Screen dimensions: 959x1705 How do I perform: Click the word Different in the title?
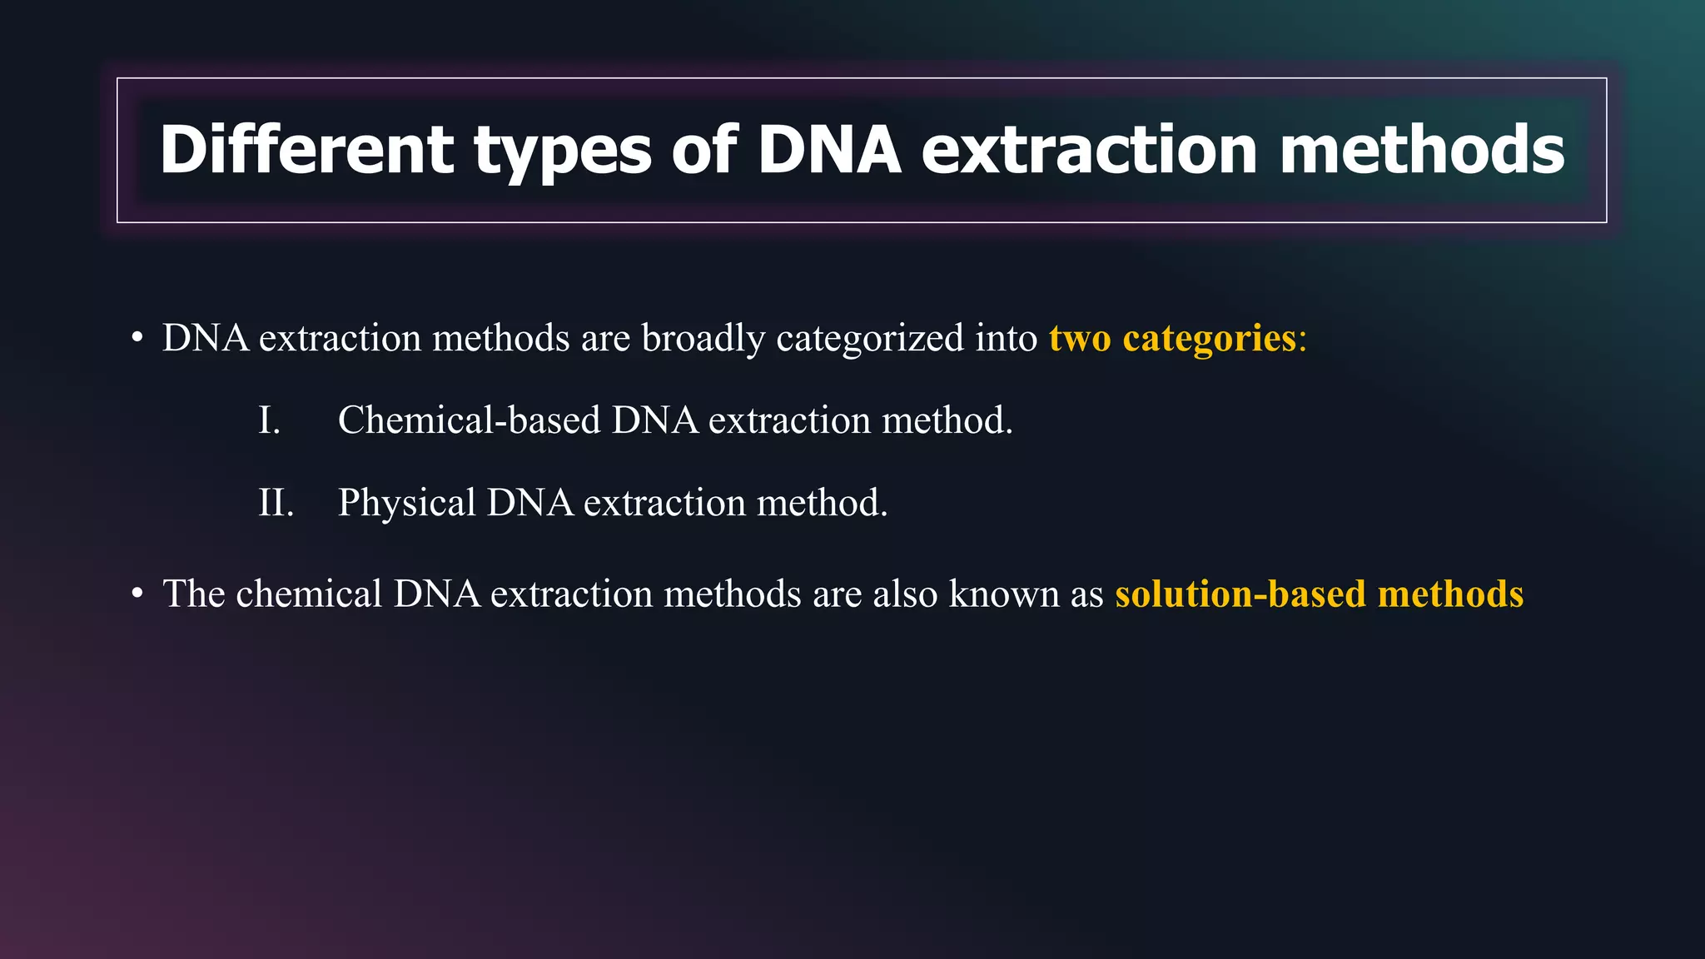click(306, 150)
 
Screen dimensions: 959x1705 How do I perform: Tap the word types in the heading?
click(563, 152)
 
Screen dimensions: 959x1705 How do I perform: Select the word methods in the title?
click(1422, 150)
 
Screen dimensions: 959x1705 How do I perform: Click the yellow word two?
click(1080, 339)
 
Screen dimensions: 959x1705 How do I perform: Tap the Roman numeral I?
click(269, 420)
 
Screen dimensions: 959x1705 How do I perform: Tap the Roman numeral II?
click(276, 503)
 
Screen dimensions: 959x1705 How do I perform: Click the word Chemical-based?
click(469, 420)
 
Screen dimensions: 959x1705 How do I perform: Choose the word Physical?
click(406, 503)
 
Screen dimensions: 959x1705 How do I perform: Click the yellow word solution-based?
click(1240, 594)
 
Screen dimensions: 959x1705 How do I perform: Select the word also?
click(905, 594)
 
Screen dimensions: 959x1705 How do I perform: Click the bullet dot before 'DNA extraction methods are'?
click(137, 339)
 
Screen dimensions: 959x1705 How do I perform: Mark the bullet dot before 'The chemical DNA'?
click(137, 594)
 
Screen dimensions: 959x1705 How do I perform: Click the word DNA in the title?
click(829, 150)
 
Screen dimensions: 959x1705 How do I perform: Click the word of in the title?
click(704, 150)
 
